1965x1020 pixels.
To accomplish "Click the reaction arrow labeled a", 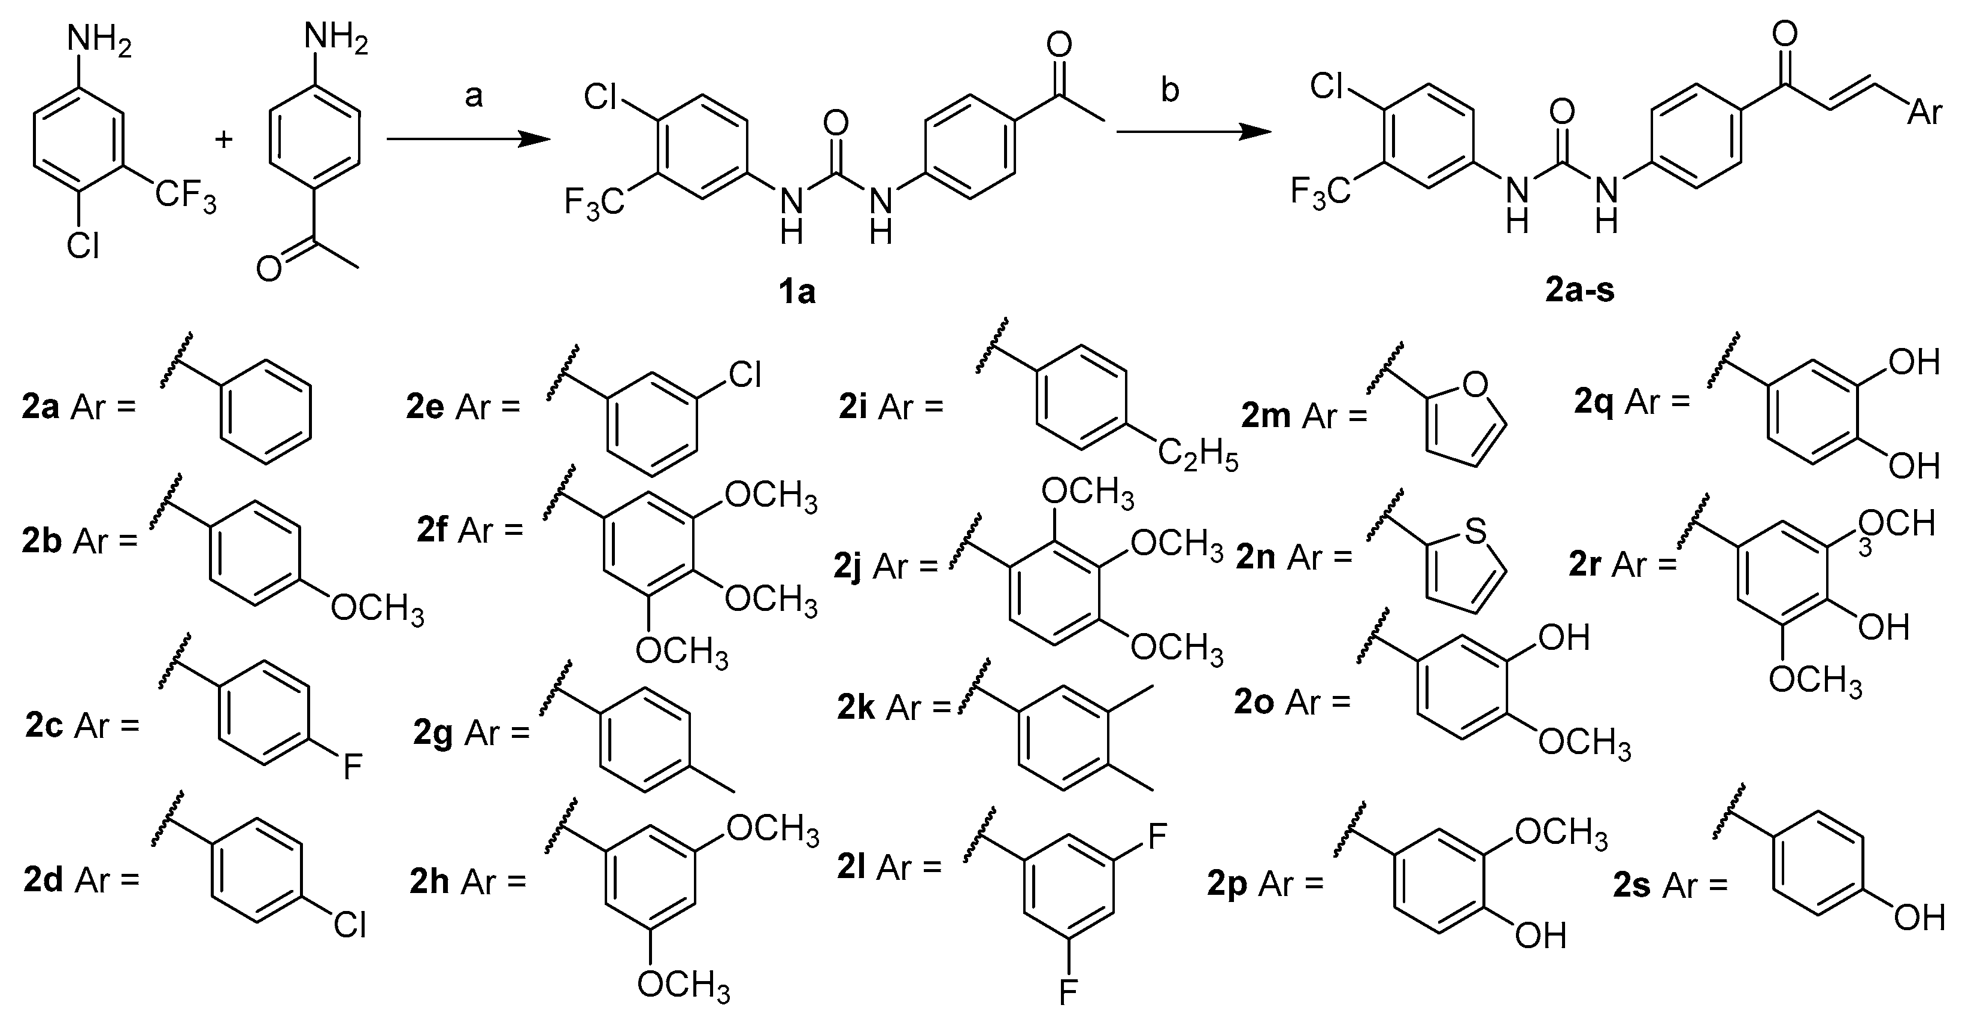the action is [468, 140].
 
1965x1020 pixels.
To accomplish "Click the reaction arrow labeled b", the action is [1194, 132].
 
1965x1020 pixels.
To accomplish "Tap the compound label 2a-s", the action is [1580, 290].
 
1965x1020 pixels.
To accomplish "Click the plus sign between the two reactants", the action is [223, 140].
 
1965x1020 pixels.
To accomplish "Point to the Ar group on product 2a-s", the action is [1924, 112].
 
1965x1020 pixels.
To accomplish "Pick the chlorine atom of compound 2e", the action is [744, 374].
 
